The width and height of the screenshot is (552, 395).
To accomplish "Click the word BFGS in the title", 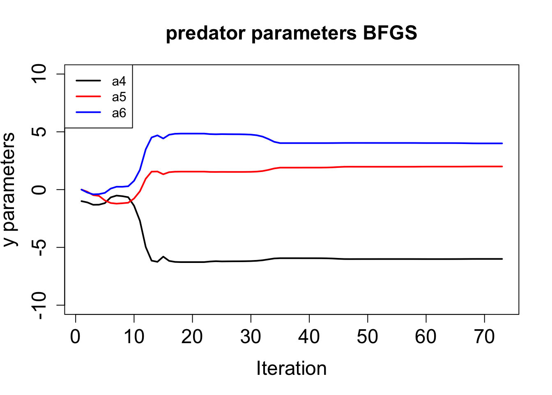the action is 390,33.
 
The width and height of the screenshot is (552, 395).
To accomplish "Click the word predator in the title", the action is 206,34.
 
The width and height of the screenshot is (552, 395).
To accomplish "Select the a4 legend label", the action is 119,81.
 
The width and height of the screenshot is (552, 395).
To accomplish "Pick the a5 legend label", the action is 119,97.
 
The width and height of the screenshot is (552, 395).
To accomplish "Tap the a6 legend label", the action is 119,113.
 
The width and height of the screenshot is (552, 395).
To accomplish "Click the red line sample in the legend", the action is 88,96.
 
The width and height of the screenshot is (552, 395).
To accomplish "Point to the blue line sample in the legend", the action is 88,112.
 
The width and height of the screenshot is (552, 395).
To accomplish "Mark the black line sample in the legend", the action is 88,81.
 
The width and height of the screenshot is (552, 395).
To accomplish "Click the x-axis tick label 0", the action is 75,336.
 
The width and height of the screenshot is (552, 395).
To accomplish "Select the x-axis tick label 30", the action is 251,336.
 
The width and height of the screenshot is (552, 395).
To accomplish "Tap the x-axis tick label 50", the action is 368,336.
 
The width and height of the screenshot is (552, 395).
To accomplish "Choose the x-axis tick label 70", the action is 484,336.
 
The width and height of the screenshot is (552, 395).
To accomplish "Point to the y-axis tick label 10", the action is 39,74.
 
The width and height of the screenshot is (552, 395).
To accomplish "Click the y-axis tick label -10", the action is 39,306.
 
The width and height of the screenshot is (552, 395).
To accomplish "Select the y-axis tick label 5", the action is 39,132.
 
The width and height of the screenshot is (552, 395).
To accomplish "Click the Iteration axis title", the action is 292,368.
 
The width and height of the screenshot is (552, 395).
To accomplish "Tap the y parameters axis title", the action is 9,190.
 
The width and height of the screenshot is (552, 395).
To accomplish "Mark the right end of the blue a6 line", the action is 502,144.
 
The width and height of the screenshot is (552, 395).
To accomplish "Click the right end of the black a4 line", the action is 502,259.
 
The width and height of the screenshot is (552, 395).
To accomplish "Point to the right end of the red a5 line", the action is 502,166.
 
